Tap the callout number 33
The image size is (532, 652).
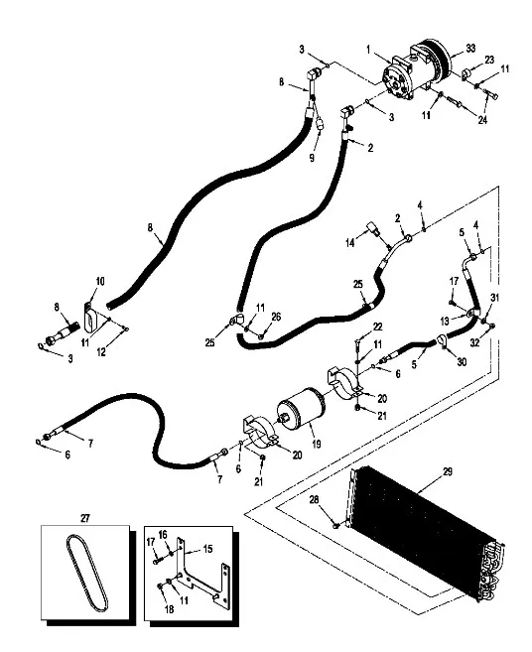click(470, 49)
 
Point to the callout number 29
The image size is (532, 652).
click(448, 471)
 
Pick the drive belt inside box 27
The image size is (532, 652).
click(87, 573)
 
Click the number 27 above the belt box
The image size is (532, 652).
click(84, 518)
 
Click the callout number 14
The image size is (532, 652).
click(350, 243)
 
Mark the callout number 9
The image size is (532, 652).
click(312, 158)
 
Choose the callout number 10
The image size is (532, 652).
click(100, 281)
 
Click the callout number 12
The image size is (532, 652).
click(101, 351)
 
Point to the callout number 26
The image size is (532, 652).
click(276, 317)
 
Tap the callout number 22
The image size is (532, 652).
click(377, 326)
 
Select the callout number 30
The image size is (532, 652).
click(462, 362)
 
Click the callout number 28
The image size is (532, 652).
click(314, 499)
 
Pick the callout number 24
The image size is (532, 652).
click(482, 120)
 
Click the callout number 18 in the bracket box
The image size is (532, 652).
click(170, 609)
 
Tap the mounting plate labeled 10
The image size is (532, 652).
click(90, 318)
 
